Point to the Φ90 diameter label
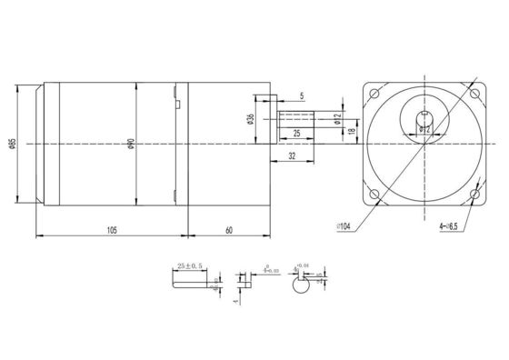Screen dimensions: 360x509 tap(131, 145)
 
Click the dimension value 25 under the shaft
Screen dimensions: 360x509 tap(295, 135)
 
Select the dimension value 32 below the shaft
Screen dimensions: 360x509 tap(291, 156)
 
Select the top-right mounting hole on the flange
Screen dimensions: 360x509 tap(474, 94)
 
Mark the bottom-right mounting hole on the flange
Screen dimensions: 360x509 tap(474, 195)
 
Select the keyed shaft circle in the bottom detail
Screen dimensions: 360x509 tap(298, 285)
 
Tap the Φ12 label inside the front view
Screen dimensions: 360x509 tap(424, 130)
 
